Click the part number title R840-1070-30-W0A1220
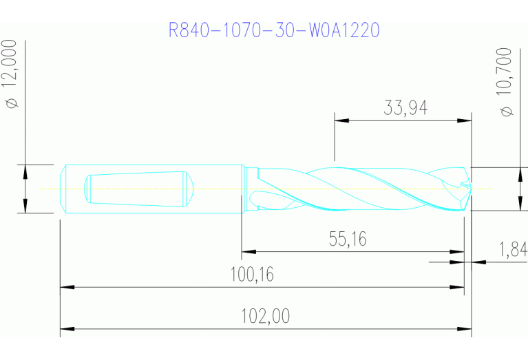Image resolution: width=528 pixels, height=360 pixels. [274, 31]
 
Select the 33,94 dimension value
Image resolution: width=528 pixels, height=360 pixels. [404, 107]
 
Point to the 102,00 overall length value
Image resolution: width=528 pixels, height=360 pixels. [265, 317]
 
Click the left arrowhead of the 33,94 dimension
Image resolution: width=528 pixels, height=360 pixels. [341, 120]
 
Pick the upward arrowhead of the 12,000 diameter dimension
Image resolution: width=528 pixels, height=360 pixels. [25, 170]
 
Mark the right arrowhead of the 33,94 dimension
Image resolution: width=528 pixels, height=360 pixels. [465, 120]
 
